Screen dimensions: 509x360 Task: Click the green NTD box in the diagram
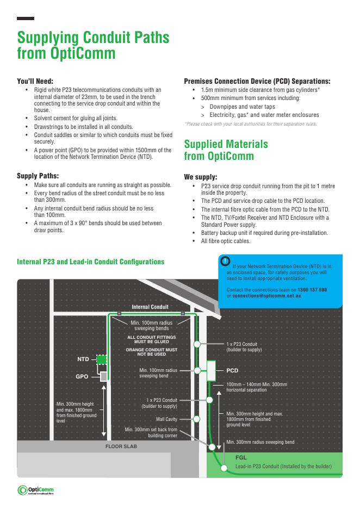[100, 359]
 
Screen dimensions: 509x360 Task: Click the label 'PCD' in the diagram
[232, 370]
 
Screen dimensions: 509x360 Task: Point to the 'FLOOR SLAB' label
[121, 446]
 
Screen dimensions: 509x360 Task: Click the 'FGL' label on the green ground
[240, 458]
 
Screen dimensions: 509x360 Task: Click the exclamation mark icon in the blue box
[226, 261]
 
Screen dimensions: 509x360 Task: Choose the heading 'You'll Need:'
[35, 82]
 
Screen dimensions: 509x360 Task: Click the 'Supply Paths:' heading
[38, 176]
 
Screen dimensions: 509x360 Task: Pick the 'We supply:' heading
[201, 177]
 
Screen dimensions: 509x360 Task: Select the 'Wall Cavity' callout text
[166, 419]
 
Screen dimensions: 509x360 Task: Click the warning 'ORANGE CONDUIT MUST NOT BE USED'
[152, 351]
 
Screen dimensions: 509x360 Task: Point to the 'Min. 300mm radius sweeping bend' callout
[260, 442]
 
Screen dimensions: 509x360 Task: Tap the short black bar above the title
[26, 19]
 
